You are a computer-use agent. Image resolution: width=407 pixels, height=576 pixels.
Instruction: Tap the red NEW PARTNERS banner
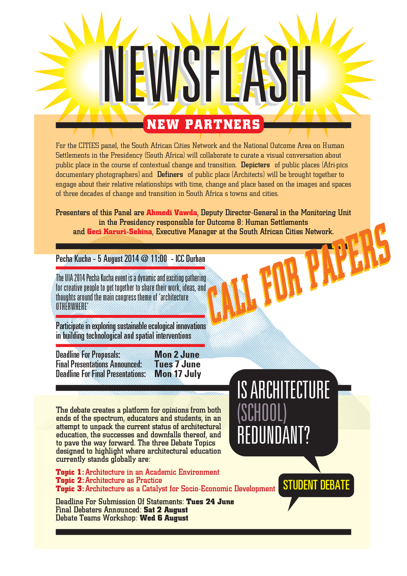pos(203,124)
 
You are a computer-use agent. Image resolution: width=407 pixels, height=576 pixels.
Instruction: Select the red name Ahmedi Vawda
pos(172,213)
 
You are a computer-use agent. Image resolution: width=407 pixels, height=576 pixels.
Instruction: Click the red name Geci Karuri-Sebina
pos(119,232)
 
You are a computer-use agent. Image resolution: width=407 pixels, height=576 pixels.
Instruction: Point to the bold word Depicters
pos(255,165)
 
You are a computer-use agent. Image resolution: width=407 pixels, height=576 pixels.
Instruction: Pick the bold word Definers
pos(170,175)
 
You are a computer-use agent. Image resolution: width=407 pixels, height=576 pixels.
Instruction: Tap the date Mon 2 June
pos(177,355)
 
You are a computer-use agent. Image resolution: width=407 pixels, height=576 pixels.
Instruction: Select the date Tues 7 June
pos(177,364)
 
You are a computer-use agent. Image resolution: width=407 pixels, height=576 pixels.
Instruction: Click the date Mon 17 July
pos(178,374)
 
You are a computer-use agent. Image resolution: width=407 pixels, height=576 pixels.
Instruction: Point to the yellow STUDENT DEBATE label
pos(316,485)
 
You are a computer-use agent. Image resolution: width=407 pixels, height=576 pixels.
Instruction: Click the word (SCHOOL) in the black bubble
pos(262,413)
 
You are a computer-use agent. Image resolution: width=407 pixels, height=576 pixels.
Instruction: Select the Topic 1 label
pos(69,472)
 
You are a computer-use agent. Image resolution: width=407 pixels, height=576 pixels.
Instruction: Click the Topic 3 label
pos(69,489)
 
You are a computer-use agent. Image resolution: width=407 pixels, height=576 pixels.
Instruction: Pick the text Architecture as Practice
pos(123,480)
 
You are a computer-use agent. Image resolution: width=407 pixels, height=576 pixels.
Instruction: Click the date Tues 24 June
pos(210,502)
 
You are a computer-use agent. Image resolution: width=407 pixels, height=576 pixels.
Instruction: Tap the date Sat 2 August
pos(166,510)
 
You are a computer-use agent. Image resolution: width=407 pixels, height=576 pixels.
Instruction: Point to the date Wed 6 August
pos(164,518)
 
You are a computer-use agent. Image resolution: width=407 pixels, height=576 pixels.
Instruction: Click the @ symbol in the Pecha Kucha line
pos(146,259)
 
